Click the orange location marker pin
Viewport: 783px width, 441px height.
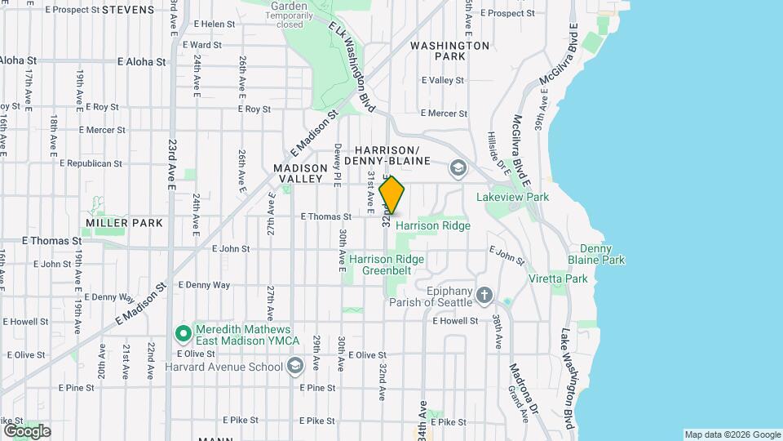(392, 196)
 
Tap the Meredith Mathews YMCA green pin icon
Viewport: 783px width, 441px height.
(184, 333)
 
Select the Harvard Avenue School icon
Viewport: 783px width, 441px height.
(295, 367)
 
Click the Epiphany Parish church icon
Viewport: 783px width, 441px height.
(484, 295)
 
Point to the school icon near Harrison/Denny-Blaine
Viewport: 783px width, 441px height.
(458, 168)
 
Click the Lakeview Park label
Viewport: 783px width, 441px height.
(513, 197)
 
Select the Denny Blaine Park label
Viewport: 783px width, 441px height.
(602, 254)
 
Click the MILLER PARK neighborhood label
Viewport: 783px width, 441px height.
(124, 222)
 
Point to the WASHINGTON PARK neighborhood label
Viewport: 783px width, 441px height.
(450, 51)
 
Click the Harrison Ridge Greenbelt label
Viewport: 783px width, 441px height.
(387, 265)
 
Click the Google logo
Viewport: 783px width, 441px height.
(26, 430)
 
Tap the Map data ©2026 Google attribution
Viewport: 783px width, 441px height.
(732, 434)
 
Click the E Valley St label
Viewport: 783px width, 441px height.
(442, 81)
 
